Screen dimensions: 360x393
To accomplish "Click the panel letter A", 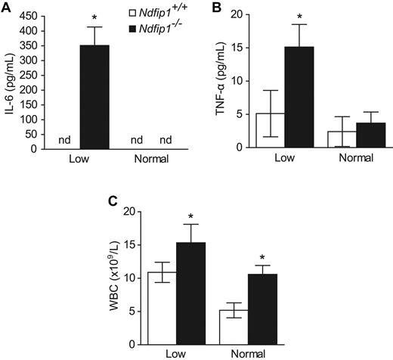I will click(x=6, y=7).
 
